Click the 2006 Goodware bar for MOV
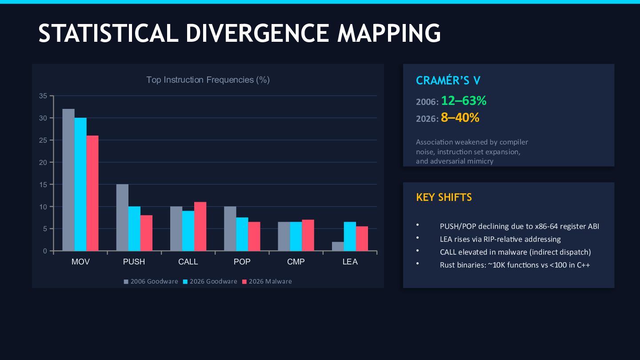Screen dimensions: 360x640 (x=68, y=180)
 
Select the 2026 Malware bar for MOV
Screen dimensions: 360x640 (x=92, y=193)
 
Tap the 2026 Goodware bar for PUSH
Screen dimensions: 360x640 (x=134, y=229)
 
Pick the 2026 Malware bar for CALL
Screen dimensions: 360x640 (x=200, y=227)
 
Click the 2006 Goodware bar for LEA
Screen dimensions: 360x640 (x=338, y=247)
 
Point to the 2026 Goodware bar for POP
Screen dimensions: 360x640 (x=242, y=234)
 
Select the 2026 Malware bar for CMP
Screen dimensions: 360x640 (x=308, y=236)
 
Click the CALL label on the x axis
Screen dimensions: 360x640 (x=188, y=262)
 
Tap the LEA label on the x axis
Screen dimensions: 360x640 (x=350, y=262)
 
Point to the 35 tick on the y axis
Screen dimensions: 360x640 (x=43, y=96)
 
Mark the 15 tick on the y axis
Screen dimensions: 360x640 (x=43, y=184)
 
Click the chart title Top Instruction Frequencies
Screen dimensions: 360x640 (x=208, y=80)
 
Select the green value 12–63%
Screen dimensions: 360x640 (x=464, y=101)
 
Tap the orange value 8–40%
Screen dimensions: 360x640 (x=460, y=118)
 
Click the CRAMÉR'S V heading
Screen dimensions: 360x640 (x=448, y=80)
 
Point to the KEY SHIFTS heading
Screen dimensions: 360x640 (x=444, y=197)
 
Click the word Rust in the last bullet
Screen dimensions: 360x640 (x=448, y=265)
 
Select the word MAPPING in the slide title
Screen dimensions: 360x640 (x=389, y=33)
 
